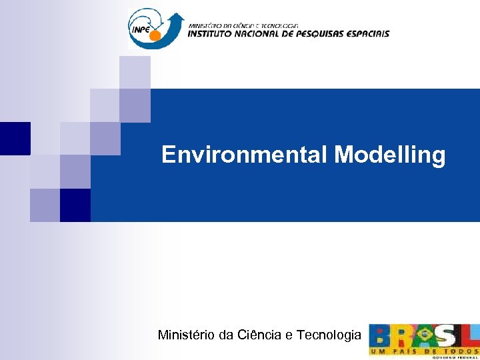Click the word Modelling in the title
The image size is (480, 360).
click(x=389, y=155)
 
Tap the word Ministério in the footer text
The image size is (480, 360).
click(x=186, y=335)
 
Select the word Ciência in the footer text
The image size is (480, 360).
click(x=260, y=335)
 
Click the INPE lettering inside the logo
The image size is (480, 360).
click(x=140, y=29)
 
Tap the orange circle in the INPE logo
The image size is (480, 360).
click(x=155, y=35)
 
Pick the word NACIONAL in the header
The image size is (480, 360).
click(x=266, y=33)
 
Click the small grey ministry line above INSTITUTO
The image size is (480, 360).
click(x=247, y=25)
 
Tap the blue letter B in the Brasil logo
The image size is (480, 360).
click(x=381, y=336)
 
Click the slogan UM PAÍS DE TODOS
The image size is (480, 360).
click(x=423, y=351)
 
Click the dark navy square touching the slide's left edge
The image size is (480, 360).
click(x=15, y=138)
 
